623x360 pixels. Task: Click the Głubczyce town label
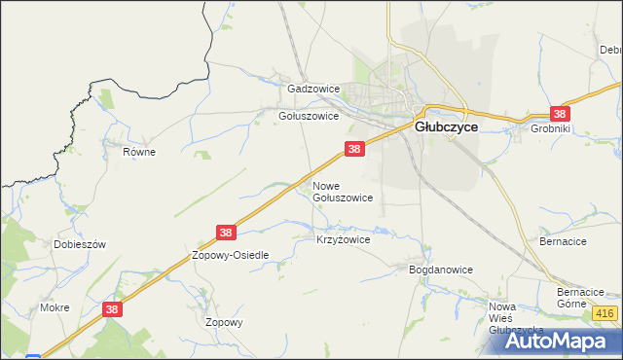click(x=446, y=126)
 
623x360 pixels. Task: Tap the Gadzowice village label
click(x=313, y=89)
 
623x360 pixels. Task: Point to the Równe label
click(x=139, y=152)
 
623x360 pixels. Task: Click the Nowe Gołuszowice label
click(x=342, y=191)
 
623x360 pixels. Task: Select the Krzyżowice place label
click(x=344, y=238)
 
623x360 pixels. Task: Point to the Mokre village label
click(x=55, y=307)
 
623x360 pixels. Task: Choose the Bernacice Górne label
click(x=581, y=298)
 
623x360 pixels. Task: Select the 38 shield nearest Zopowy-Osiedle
click(x=226, y=233)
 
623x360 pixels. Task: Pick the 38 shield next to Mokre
click(x=113, y=308)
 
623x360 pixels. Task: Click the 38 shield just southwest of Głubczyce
click(x=354, y=149)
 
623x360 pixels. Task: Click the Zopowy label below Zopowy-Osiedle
click(x=224, y=322)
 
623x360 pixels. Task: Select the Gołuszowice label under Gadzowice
click(x=309, y=115)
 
